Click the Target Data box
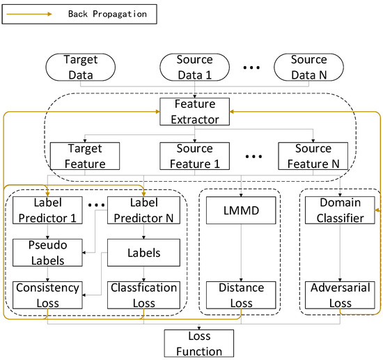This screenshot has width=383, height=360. click(x=80, y=67)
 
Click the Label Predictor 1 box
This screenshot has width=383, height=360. click(x=47, y=210)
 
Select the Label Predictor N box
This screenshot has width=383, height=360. click(x=143, y=210)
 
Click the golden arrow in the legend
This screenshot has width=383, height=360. click(x=27, y=13)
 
